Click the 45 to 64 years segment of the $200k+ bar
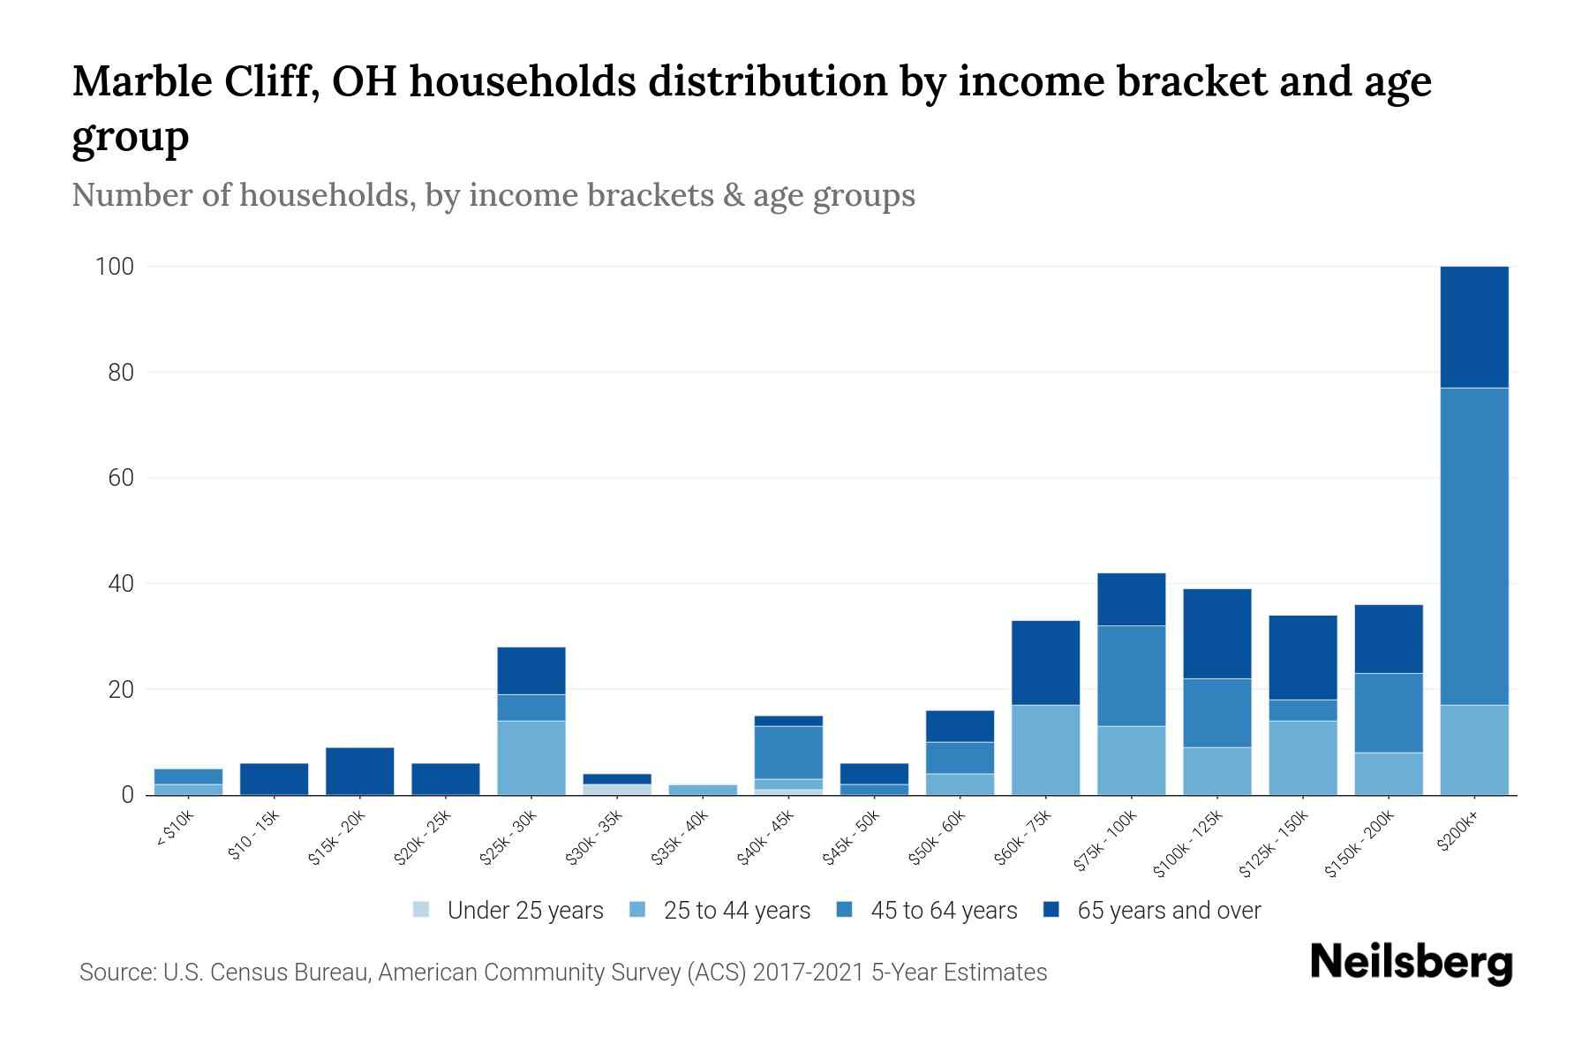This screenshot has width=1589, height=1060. (x=1474, y=546)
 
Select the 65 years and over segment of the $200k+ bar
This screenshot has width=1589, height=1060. (x=1474, y=327)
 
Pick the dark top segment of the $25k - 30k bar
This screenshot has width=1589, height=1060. (x=531, y=670)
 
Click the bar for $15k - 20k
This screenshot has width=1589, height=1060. (x=360, y=771)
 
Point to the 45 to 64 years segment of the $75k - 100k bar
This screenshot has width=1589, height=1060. (x=1131, y=676)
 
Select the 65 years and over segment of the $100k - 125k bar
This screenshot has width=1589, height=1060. (x=1216, y=633)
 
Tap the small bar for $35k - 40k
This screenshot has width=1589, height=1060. (x=703, y=790)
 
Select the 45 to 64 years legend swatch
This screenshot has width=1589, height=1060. (x=845, y=910)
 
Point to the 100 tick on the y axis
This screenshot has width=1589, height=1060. (x=114, y=266)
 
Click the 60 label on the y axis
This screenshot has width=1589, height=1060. (x=121, y=478)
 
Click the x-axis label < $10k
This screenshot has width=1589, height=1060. (x=176, y=829)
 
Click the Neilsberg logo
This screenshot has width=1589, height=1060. (x=1411, y=963)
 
